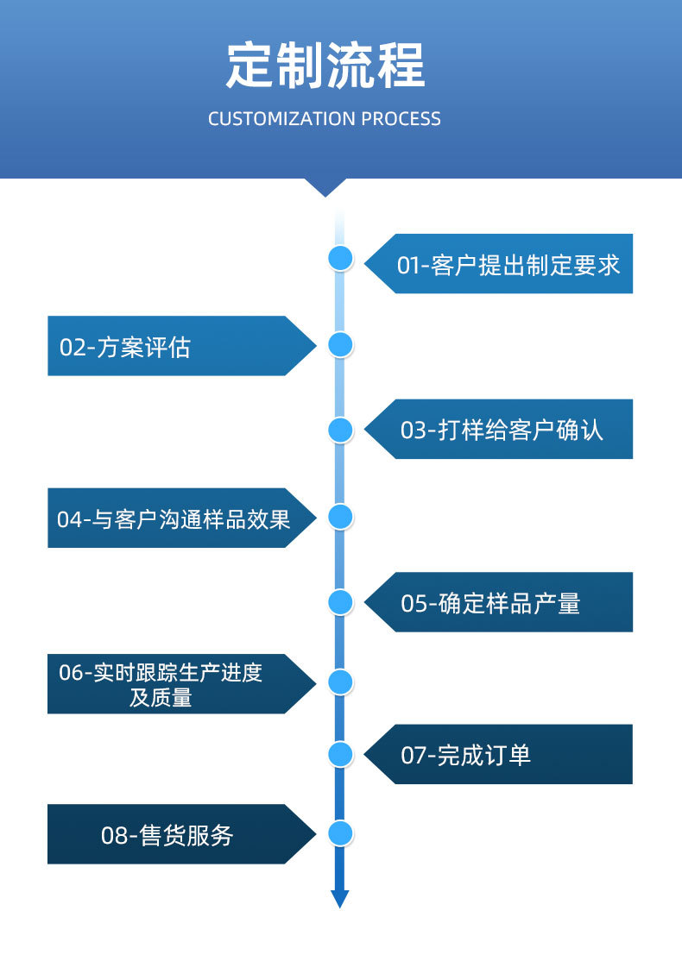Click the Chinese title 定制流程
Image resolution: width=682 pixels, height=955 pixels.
point(325,66)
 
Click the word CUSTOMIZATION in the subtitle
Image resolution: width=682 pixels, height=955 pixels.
point(281,119)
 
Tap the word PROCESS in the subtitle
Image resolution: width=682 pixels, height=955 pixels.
point(401,119)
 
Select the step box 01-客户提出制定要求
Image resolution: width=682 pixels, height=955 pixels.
point(498,264)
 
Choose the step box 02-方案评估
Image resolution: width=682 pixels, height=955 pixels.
point(181,346)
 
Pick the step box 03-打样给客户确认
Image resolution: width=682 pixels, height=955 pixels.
point(498,430)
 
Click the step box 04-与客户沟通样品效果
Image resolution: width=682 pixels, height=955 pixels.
point(181,518)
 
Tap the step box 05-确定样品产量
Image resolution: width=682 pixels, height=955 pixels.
point(498,602)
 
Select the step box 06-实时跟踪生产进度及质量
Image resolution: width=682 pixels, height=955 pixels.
point(181,684)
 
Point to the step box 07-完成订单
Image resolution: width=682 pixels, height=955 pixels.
point(498,754)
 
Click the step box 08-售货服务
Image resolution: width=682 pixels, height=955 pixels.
point(181,834)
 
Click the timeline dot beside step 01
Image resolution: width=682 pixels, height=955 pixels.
point(341,258)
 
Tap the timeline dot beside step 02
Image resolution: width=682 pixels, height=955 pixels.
point(341,345)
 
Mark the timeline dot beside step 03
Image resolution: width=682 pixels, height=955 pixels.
point(341,430)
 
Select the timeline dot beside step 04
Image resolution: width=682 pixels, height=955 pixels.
point(341,517)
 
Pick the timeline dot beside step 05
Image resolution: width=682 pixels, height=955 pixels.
point(341,602)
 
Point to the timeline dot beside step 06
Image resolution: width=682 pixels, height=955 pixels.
point(341,682)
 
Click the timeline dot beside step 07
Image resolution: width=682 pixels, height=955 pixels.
point(341,754)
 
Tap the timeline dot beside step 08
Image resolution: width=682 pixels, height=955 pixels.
point(341,833)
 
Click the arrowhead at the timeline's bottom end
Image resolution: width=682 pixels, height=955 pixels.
point(340,899)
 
